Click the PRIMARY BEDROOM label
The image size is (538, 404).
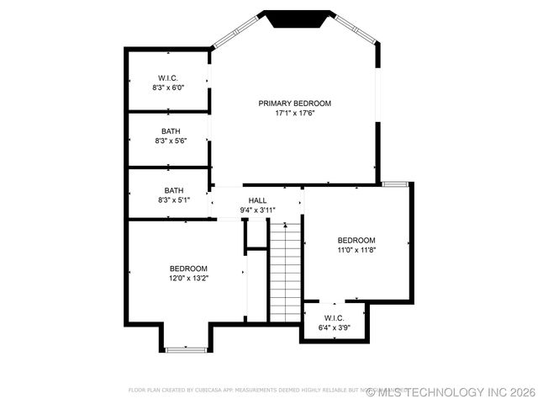pos(294,103)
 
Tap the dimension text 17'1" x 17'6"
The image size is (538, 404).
pos(294,113)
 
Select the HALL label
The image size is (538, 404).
pos(257,200)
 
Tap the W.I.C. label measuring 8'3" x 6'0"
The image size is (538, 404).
pos(168,77)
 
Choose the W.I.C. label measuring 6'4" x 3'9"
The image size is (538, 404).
pos(334,317)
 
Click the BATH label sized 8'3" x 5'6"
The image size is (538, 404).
pos(171,130)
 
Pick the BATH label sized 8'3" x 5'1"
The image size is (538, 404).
pos(173,190)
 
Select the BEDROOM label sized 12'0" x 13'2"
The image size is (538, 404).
pos(188,268)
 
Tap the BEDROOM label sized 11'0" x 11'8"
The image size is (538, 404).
pos(356,240)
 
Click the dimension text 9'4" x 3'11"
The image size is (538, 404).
pos(257,210)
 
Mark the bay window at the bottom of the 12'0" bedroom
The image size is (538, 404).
pos(186,348)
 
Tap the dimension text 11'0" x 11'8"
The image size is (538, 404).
pos(356,249)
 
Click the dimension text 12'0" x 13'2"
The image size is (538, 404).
pos(188,278)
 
